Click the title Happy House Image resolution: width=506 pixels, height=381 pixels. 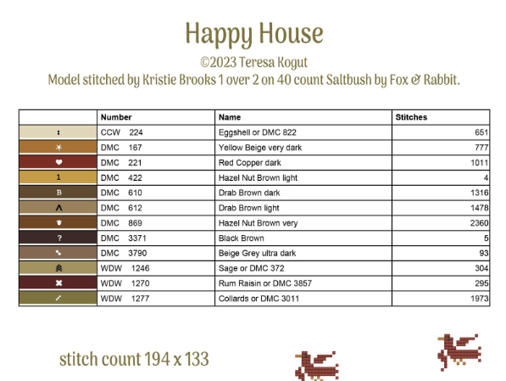[x=254, y=34]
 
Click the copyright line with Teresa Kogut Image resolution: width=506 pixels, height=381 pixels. [x=254, y=62]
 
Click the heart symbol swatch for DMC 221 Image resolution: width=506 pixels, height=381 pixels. [x=58, y=162]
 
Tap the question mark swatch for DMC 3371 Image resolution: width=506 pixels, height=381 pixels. [x=58, y=238]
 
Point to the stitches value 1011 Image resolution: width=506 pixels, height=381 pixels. [x=479, y=163]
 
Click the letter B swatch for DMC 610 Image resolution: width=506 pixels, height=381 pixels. [x=58, y=193]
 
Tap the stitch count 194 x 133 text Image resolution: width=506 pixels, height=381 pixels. [x=134, y=359]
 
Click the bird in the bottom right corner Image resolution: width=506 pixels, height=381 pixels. [x=459, y=351]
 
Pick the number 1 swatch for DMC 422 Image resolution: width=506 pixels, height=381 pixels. [x=58, y=177]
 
